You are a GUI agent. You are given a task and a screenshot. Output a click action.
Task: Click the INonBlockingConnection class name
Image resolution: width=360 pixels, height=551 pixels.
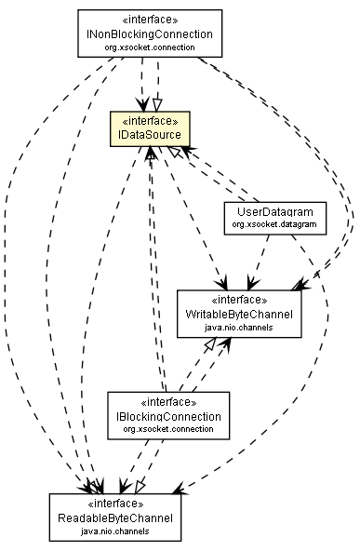click(x=149, y=34)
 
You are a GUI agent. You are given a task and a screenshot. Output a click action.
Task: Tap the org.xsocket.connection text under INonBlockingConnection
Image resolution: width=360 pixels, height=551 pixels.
click(x=149, y=47)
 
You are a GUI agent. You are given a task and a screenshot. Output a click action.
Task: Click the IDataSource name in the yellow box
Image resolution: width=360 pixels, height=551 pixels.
click(x=150, y=136)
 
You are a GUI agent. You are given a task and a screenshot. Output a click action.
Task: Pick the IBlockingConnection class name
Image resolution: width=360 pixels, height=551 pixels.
click(x=167, y=416)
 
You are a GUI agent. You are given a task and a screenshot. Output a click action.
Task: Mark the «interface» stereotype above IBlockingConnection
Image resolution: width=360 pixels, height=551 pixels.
click(x=167, y=402)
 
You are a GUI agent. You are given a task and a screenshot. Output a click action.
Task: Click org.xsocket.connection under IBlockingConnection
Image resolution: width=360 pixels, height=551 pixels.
click(x=167, y=429)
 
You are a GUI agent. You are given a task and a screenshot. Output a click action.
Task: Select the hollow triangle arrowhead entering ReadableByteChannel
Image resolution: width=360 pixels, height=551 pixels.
click(x=140, y=486)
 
